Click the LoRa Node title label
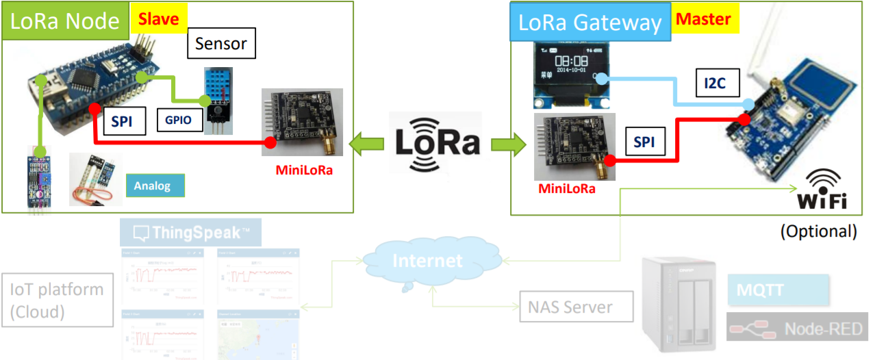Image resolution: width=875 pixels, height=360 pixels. (x=65, y=21)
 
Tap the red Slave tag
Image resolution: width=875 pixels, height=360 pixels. (x=158, y=19)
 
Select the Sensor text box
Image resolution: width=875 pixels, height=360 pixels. (x=220, y=44)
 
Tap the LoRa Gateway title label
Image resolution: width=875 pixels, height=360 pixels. (x=589, y=23)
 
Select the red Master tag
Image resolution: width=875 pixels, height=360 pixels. (x=704, y=19)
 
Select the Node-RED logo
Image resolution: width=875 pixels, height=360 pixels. (x=794, y=329)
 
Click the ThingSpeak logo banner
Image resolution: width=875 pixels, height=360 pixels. (x=191, y=233)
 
